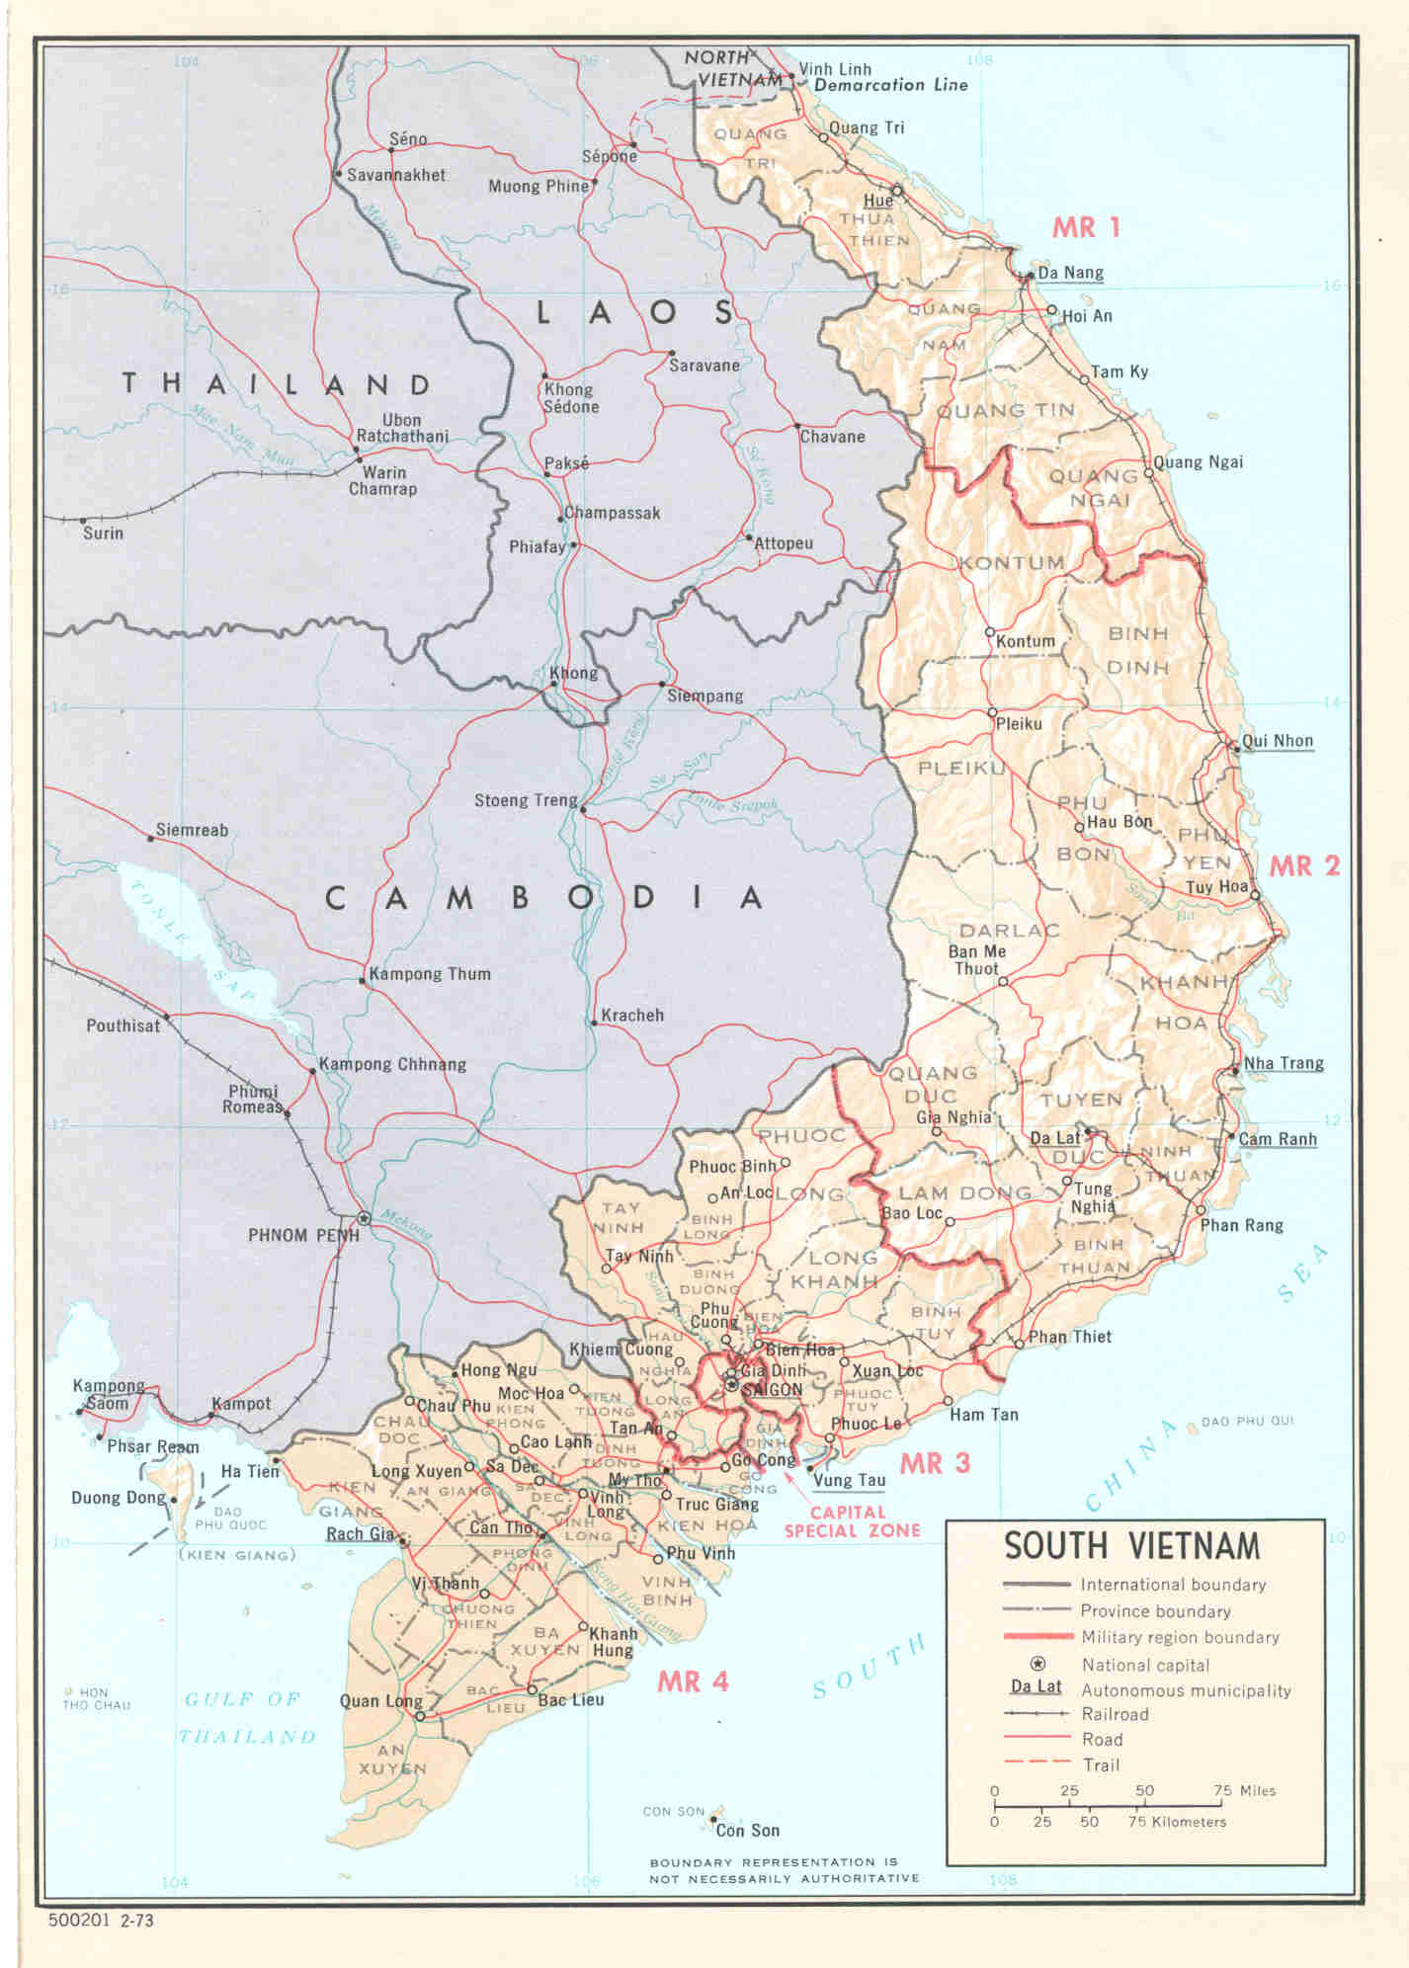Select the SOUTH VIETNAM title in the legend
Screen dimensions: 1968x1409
tap(1131, 1545)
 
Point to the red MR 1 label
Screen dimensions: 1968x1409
tap(1085, 228)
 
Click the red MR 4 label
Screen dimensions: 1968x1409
tap(692, 1681)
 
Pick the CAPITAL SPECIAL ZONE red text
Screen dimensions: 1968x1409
tap(851, 1521)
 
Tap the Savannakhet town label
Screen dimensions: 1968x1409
tap(395, 176)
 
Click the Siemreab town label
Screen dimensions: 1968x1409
tap(192, 830)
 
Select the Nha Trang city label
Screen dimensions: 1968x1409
tap(1283, 1063)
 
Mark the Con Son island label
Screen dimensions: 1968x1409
tap(747, 1831)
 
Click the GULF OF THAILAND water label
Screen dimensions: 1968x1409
tap(246, 1718)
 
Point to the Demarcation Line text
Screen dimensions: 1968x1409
tap(890, 85)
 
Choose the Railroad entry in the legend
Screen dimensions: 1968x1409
tap(1115, 1714)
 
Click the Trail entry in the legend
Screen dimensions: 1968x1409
tap(1100, 1765)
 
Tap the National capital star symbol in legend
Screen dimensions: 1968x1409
tap(1036, 1664)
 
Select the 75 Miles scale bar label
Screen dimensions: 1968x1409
tap(1244, 1790)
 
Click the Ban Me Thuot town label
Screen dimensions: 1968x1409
tap(976, 960)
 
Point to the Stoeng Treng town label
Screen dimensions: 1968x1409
tap(525, 800)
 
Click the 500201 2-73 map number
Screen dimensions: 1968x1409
tap(101, 1922)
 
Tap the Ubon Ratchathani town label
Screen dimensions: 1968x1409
tap(401, 428)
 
